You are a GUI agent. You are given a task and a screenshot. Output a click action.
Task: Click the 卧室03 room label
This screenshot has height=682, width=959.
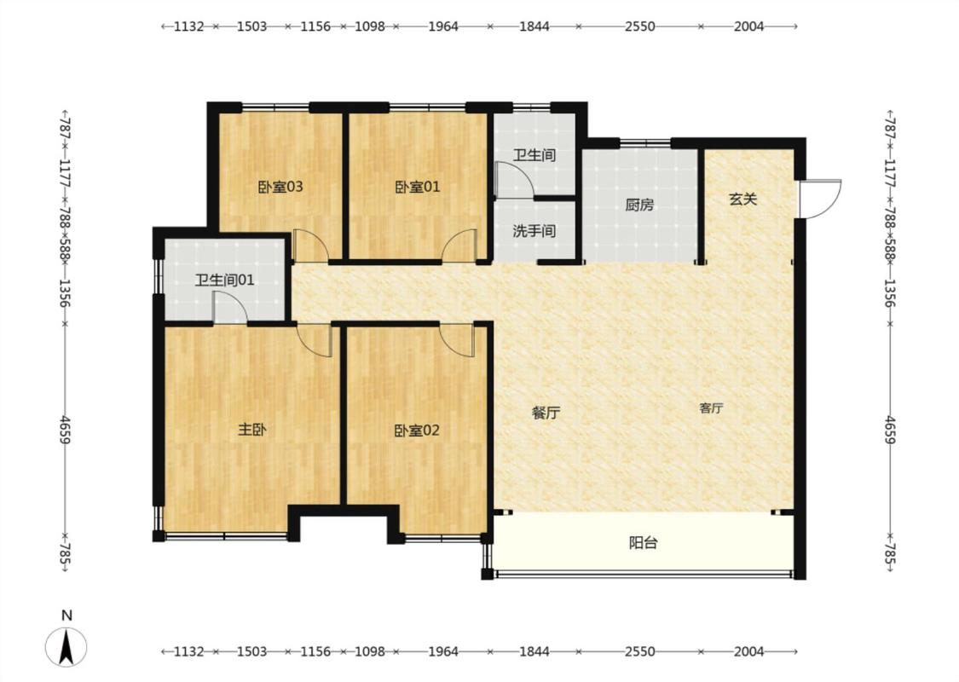click(280, 187)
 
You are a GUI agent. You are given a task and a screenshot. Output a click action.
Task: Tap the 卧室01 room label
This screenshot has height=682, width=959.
click(417, 187)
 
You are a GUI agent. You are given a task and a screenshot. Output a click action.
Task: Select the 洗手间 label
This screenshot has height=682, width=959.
click(534, 231)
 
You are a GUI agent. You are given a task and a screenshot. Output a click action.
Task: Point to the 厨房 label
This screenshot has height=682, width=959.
click(639, 205)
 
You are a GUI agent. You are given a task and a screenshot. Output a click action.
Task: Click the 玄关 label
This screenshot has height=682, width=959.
click(743, 199)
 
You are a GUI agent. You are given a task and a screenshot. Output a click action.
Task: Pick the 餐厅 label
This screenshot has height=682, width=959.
click(546, 413)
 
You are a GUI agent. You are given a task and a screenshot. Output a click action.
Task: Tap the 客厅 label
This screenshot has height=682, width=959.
click(711, 408)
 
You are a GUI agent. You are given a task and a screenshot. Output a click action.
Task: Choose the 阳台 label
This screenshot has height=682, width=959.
click(644, 542)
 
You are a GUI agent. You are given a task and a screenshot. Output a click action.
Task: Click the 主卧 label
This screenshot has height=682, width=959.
click(252, 430)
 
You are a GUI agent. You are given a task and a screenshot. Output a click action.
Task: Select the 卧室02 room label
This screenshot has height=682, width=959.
click(417, 431)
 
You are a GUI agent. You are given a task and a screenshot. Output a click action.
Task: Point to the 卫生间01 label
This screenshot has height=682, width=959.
click(224, 280)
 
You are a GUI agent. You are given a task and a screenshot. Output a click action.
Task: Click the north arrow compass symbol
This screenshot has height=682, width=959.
click(66, 647)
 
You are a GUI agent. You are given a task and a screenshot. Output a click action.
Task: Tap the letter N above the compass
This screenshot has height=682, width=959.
click(67, 616)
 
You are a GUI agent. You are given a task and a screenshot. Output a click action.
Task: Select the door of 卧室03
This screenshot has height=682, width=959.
click(310, 246)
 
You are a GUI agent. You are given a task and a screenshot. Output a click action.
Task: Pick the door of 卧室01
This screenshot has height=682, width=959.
click(460, 246)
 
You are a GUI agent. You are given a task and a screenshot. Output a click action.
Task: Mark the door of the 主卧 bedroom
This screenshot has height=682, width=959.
click(315, 339)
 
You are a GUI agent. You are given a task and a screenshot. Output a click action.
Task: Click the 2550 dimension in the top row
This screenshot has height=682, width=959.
click(639, 26)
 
